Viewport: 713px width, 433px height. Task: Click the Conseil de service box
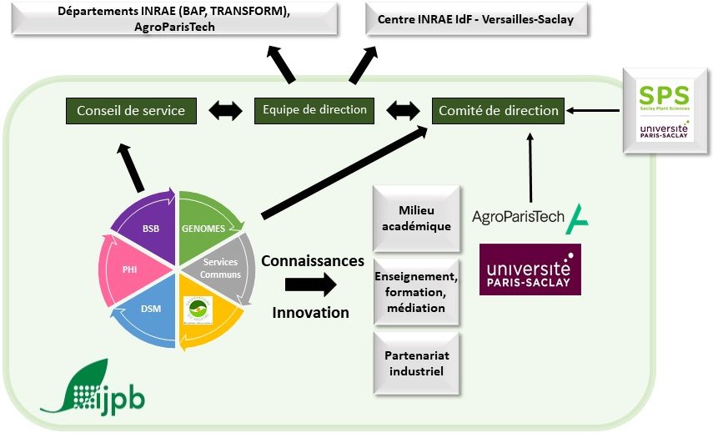coord(131,110)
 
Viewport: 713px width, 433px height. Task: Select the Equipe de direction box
coord(314,110)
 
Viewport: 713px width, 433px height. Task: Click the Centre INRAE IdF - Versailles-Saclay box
coord(475,18)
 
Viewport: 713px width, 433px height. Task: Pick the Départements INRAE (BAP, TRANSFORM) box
coord(174,18)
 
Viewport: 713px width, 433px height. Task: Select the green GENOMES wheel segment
coord(206,224)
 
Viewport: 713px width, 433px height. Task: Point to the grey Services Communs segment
coord(223,268)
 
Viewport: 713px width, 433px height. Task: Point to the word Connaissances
coord(313,260)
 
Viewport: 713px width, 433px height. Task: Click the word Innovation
coord(311,313)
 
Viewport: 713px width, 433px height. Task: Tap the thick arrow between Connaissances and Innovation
coord(309,285)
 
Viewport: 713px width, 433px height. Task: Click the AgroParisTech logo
coord(530,218)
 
